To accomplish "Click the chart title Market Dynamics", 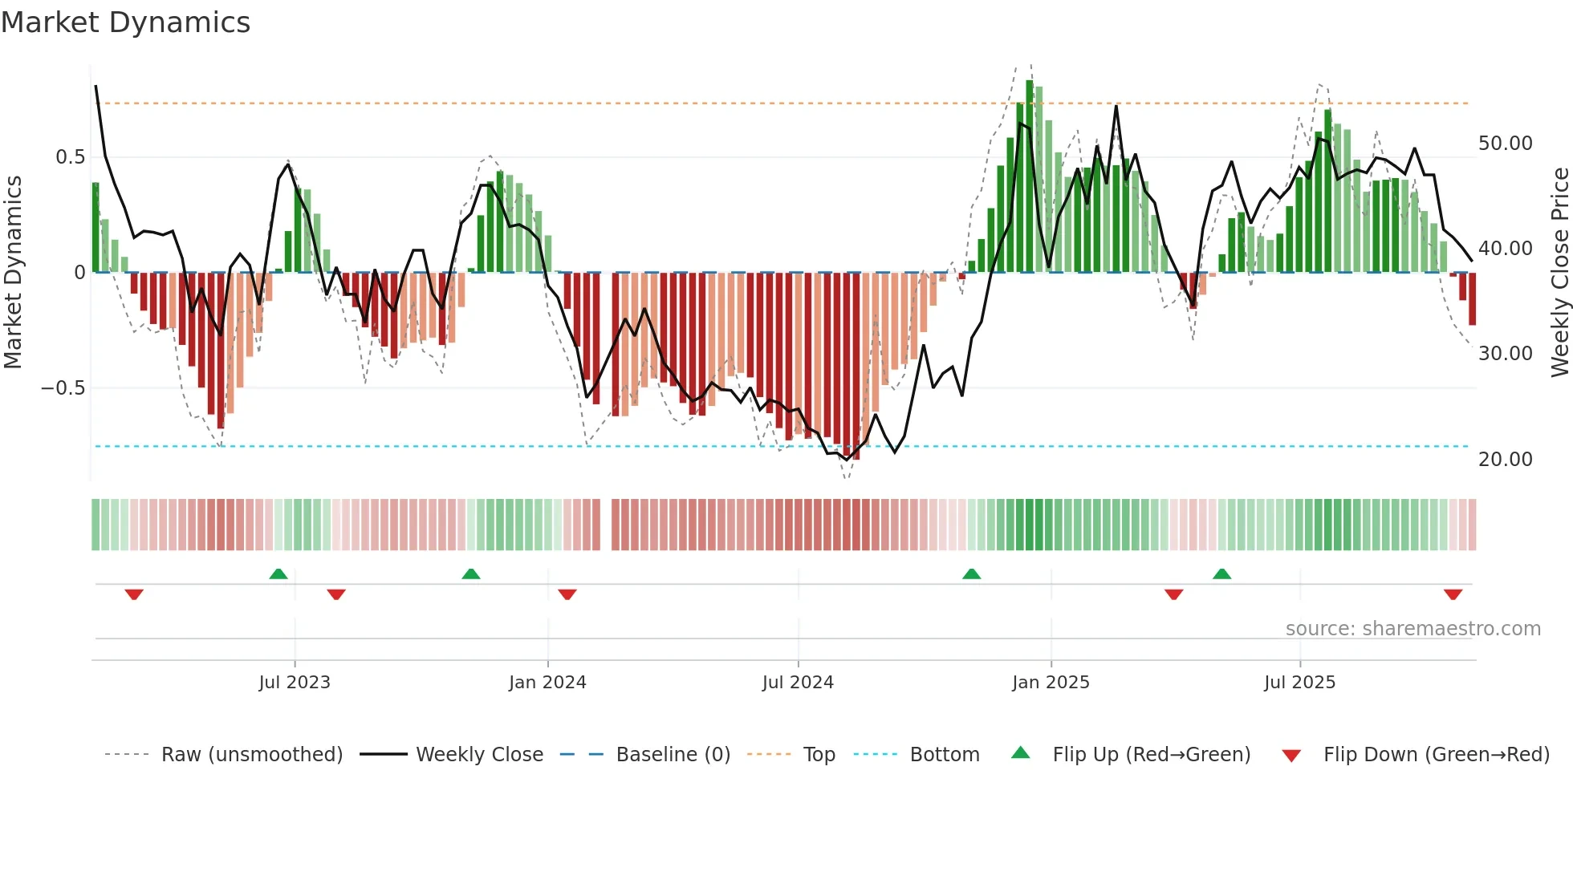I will pyautogui.click(x=125, y=22).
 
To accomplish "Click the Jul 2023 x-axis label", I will pyautogui.click(x=295, y=682).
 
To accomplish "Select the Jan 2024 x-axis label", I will pyautogui.click(x=547, y=682).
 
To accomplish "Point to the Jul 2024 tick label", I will pyautogui.click(x=798, y=682).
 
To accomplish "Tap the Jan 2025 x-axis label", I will pyautogui.click(x=1051, y=682).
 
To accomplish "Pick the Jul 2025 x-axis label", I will pyautogui.click(x=1299, y=682).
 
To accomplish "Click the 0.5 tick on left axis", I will pyautogui.click(x=70, y=156).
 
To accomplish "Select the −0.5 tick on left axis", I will pyautogui.click(x=63, y=388).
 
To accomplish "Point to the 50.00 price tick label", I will pyautogui.click(x=1505, y=144).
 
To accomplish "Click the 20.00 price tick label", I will pyautogui.click(x=1505, y=460).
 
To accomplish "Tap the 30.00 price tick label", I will pyautogui.click(x=1505, y=354).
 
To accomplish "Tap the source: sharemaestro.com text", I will pyautogui.click(x=1412, y=629).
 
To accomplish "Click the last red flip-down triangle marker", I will pyautogui.click(x=1453, y=594).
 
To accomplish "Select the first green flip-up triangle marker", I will pyautogui.click(x=278, y=574).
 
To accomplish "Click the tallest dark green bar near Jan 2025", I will pyautogui.click(x=1030, y=176).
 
